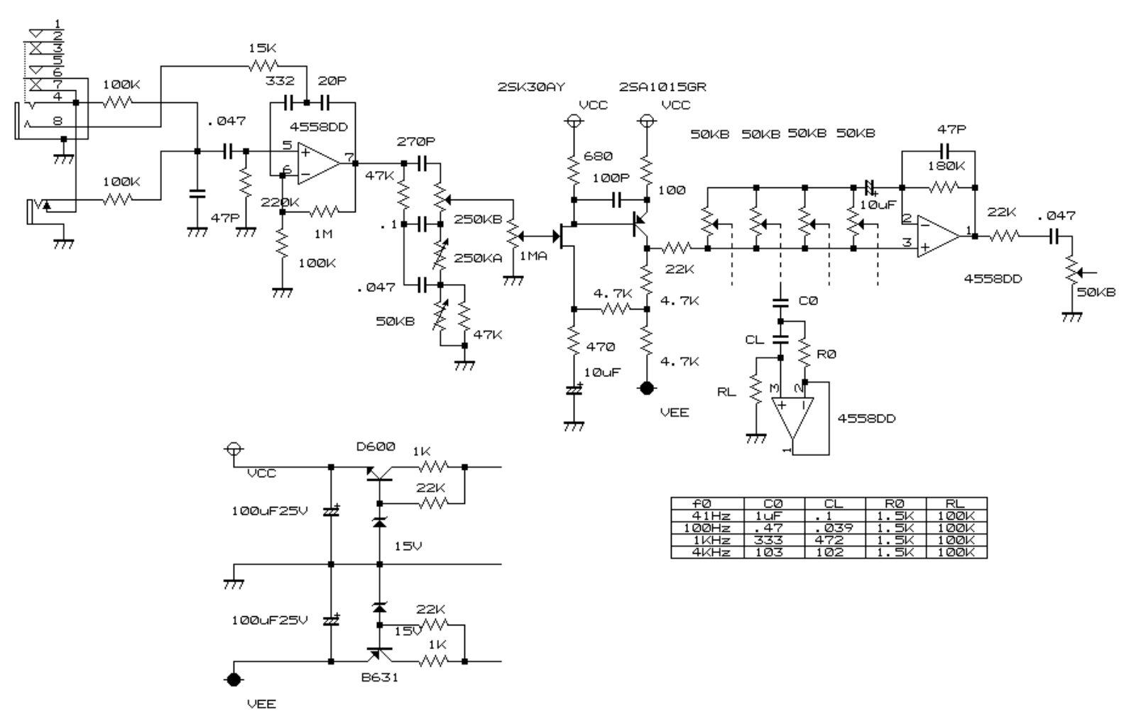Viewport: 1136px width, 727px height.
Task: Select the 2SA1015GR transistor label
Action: pyautogui.click(x=662, y=87)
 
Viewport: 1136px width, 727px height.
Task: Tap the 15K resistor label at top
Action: pyautogui.click(x=263, y=48)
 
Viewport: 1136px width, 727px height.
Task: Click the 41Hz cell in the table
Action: pyautogui.click(x=706, y=515)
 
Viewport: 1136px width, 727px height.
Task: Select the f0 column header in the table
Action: pyautogui.click(x=706, y=503)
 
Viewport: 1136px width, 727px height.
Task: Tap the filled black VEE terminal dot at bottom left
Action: pyautogui.click(x=234, y=679)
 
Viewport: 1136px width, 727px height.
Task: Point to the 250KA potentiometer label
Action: pyautogui.click(x=477, y=258)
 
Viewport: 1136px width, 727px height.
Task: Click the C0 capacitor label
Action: pyautogui.click(x=808, y=301)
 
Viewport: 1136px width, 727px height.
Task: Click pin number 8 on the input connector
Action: pyautogui.click(x=57, y=122)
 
